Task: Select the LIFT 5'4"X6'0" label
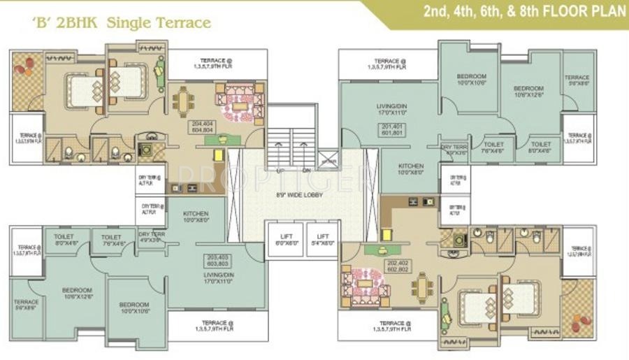[322, 240]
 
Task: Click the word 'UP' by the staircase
[280, 170]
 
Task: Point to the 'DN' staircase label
[306, 170]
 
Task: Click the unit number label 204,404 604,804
[202, 126]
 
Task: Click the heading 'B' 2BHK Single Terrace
[122, 23]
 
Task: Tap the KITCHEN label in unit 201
[412, 168]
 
